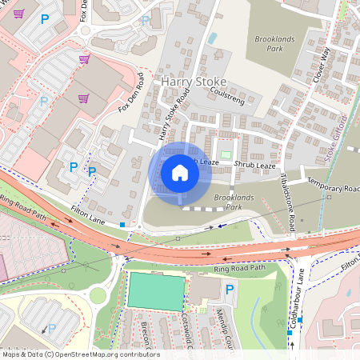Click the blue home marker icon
pos(180,172)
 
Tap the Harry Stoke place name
pos(194,82)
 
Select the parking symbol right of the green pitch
pos(230,290)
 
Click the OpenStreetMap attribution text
pos(80,354)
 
